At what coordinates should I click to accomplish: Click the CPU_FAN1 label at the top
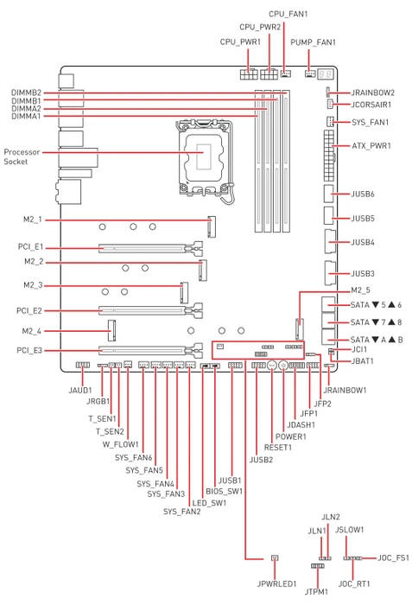tap(288, 15)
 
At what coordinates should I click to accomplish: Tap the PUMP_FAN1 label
tap(313, 42)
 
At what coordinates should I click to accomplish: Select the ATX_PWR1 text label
tap(371, 146)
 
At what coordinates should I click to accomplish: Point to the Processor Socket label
tap(22, 156)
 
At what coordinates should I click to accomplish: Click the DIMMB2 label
tap(26, 92)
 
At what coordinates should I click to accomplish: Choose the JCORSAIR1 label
tap(371, 105)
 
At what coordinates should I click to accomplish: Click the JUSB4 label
tap(363, 242)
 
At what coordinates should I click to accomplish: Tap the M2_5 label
tap(360, 290)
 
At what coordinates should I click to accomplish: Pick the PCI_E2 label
tap(29, 310)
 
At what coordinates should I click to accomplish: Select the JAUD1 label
tap(80, 391)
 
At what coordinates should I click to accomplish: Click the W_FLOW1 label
tap(120, 444)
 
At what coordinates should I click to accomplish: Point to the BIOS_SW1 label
tap(224, 492)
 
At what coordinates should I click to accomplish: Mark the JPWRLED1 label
tap(276, 583)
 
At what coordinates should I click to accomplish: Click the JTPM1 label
tap(316, 591)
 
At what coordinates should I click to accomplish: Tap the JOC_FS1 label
tap(393, 558)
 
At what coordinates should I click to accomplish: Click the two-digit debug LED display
tap(325, 73)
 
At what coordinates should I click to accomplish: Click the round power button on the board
tap(283, 365)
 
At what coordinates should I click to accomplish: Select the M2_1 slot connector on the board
tap(212, 226)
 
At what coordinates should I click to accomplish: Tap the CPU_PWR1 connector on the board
tap(249, 73)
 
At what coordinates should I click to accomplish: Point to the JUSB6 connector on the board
tap(328, 194)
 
